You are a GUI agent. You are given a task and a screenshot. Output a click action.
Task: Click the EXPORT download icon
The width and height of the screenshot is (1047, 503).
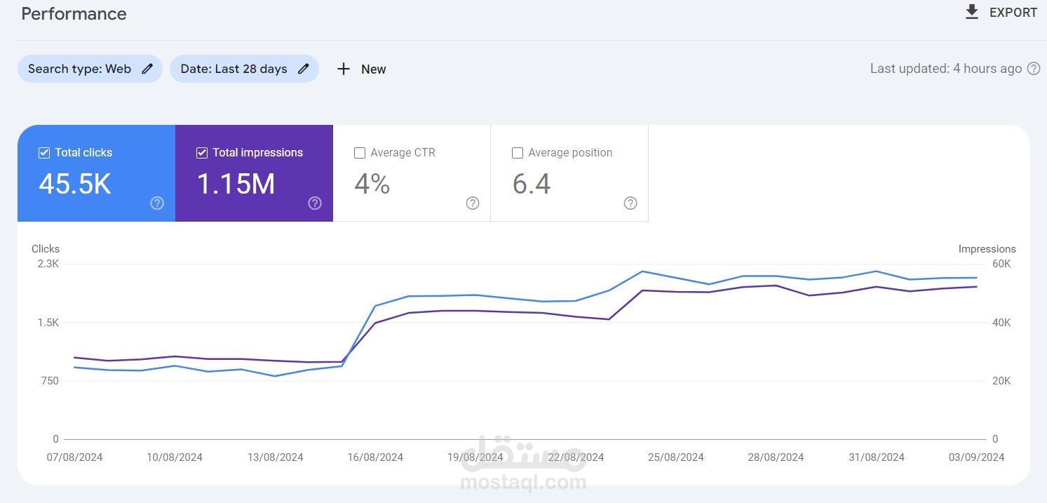971,12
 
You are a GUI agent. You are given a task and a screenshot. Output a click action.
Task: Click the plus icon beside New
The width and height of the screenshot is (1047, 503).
343,69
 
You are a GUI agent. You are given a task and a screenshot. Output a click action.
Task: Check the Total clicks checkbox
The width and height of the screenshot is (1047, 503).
44,153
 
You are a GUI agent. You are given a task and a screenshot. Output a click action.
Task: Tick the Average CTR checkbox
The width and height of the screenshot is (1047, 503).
360,153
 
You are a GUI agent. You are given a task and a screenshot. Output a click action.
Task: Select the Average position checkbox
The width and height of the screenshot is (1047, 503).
518,153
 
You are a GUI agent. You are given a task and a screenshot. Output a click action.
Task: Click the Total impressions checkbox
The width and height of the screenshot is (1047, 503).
202,153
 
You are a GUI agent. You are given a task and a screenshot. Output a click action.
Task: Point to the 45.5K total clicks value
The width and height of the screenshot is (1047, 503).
75,184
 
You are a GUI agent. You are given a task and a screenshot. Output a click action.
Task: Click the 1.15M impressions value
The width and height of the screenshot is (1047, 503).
236,184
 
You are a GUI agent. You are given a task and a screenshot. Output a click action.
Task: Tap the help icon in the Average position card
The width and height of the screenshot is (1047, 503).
630,203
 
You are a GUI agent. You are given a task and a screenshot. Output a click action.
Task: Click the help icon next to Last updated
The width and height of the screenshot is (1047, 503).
1034,69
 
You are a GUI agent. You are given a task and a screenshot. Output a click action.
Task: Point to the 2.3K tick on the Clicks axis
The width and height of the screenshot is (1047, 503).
48,264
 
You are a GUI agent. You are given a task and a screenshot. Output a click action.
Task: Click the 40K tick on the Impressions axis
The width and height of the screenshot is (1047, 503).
1001,323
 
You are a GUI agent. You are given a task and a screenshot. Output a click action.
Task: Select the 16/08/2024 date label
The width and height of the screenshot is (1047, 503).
375,457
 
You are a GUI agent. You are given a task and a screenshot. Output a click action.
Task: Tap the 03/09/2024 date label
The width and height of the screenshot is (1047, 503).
976,457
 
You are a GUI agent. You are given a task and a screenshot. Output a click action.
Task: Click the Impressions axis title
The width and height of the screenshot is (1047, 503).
987,249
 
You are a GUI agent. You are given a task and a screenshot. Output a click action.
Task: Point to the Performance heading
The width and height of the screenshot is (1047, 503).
74,14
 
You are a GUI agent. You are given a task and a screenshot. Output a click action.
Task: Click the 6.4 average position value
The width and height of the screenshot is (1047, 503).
532,184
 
